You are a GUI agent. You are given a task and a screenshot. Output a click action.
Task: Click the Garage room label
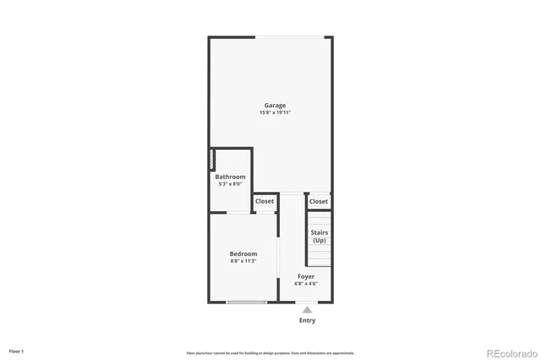click(275, 106)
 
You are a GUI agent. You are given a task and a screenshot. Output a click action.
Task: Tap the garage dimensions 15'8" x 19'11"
click(275, 112)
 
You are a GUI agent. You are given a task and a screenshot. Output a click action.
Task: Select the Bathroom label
click(230, 177)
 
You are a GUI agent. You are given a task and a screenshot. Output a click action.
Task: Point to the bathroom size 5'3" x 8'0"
click(230, 183)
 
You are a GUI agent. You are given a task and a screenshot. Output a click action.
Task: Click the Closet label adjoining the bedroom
click(265, 201)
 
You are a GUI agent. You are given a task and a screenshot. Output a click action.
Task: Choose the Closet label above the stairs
click(319, 201)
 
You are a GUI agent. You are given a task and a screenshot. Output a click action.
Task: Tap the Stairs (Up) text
click(320, 236)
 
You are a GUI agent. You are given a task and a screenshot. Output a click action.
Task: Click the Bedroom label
click(243, 254)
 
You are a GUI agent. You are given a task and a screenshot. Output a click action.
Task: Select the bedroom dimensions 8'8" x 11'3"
click(243, 261)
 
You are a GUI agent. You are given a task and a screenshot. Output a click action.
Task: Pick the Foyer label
click(306, 276)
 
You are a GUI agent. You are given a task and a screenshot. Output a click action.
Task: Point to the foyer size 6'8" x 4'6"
click(306, 283)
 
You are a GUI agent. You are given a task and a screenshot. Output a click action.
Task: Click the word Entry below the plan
click(307, 320)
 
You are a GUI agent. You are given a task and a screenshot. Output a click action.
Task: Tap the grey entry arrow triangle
click(307, 309)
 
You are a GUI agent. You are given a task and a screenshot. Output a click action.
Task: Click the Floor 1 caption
click(17, 351)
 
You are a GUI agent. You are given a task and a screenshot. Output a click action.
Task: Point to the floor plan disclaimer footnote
click(270, 352)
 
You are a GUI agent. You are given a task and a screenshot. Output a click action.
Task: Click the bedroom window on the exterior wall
click(246, 302)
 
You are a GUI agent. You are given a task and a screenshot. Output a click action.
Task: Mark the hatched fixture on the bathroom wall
click(212, 160)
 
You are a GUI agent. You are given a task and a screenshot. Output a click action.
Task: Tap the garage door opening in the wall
click(290, 36)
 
